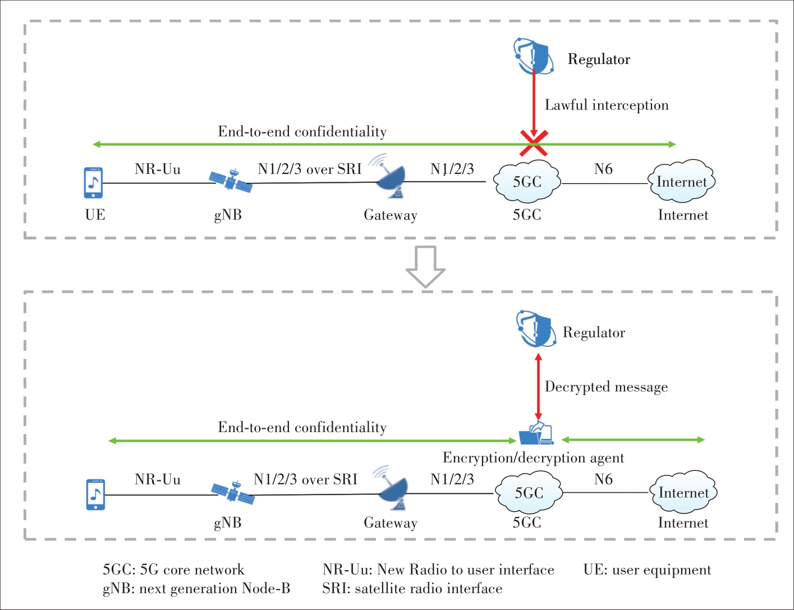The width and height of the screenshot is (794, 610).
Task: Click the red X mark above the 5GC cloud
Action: pyautogui.click(x=534, y=143)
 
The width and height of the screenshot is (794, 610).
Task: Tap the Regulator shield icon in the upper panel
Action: pyautogui.click(x=534, y=56)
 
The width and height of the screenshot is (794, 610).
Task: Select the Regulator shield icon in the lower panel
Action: pyautogui.click(x=536, y=328)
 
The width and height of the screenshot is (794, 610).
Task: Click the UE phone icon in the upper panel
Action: pyautogui.click(x=93, y=183)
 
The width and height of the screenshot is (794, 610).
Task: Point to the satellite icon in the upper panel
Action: pyautogui.click(x=230, y=181)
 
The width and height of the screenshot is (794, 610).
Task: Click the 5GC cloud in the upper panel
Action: pyautogui.click(x=527, y=181)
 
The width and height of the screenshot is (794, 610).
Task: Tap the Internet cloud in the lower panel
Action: pyautogui.click(x=683, y=492)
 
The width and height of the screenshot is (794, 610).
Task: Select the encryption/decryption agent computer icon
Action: pyautogui.click(x=536, y=433)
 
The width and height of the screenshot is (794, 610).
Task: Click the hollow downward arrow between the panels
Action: pyautogui.click(x=425, y=267)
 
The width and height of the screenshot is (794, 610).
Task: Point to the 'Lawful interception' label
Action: pyautogui.click(x=607, y=106)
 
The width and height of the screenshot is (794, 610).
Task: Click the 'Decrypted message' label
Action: pyautogui.click(x=606, y=387)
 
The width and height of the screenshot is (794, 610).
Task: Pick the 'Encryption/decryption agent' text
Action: pyautogui.click(x=533, y=458)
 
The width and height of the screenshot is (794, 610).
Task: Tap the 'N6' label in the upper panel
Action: pyautogui.click(x=603, y=169)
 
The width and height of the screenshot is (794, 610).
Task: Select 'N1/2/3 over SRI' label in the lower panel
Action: pyautogui.click(x=305, y=479)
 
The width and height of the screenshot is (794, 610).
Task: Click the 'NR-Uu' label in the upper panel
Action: pyautogui.click(x=158, y=169)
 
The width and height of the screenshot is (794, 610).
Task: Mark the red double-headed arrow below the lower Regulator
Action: pyautogui.click(x=539, y=387)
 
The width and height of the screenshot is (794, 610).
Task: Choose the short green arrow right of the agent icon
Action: pyautogui.click(x=633, y=440)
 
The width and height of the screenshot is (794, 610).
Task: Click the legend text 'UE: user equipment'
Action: pyautogui.click(x=647, y=570)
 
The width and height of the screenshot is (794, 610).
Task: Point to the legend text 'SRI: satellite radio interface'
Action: pyautogui.click(x=412, y=589)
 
